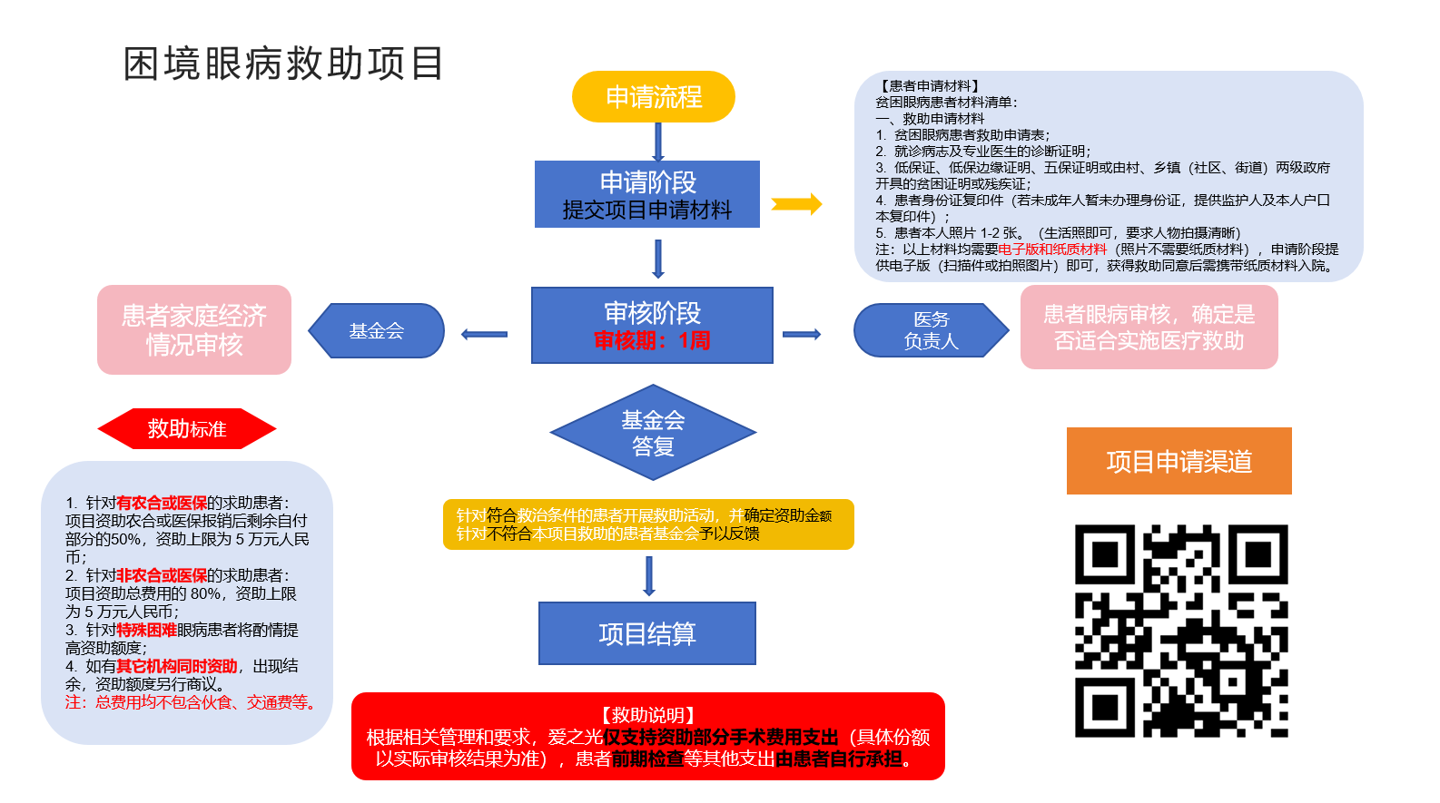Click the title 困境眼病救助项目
tap(283, 64)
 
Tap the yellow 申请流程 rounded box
tap(653, 97)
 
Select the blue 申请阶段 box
tap(646, 194)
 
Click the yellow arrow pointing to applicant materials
tap(796, 204)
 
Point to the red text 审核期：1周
tap(652, 341)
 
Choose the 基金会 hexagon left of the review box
tap(376, 331)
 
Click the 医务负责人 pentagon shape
tap(931, 330)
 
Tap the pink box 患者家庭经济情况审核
tap(194, 329)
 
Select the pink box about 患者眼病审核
tap(1149, 328)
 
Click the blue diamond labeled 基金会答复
tap(653, 433)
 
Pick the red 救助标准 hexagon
tap(186, 429)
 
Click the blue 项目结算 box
tap(646, 633)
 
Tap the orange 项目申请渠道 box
tap(1179, 461)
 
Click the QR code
tap(1180, 631)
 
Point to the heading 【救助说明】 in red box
tap(647, 715)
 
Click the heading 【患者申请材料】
tap(930, 86)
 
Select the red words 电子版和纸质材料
tap(1052, 250)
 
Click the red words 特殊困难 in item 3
tap(146, 630)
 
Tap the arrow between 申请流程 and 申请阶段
tap(658, 142)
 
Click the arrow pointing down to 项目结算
tap(648, 576)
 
